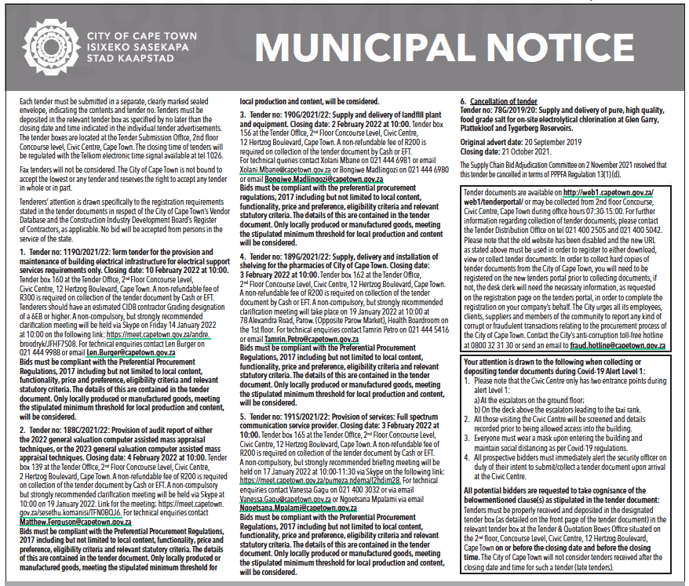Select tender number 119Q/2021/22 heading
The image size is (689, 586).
(67, 250)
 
